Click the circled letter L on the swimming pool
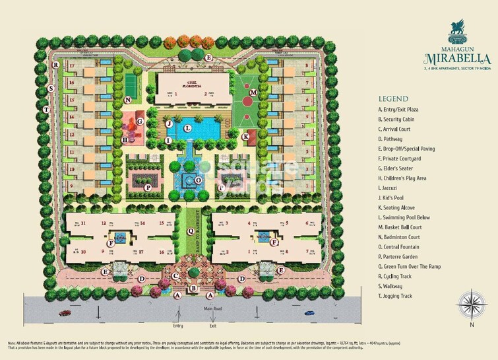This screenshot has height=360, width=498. (x=188, y=127)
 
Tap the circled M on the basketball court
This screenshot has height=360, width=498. (x=252, y=93)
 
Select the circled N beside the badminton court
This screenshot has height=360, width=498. (x=127, y=100)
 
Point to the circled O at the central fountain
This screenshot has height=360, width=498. (x=198, y=180)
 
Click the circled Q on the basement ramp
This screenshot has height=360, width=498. (x=189, y=232)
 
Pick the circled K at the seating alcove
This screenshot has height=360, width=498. (x=245, y=137)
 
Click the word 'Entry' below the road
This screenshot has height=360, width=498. (x=178, y=326)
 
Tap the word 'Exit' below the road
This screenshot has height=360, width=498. (x=212, y=326)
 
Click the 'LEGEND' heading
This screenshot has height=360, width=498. (x=394, y=97)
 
